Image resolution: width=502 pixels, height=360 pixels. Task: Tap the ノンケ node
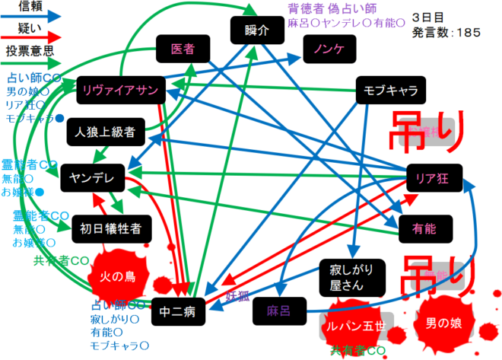click(x=324, y=49)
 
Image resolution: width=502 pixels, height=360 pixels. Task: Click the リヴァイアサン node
click(x=121, y=91)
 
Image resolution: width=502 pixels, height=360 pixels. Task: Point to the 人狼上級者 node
click(x=104, y=132)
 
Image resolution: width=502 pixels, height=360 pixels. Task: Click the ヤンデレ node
click(x=91, y=177)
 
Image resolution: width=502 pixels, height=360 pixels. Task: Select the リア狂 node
click(x=434, y=177)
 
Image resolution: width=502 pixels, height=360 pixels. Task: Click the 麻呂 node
click(x=274, y=311)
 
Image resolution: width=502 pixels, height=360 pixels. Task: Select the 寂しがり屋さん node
click(x=351, y=276)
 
